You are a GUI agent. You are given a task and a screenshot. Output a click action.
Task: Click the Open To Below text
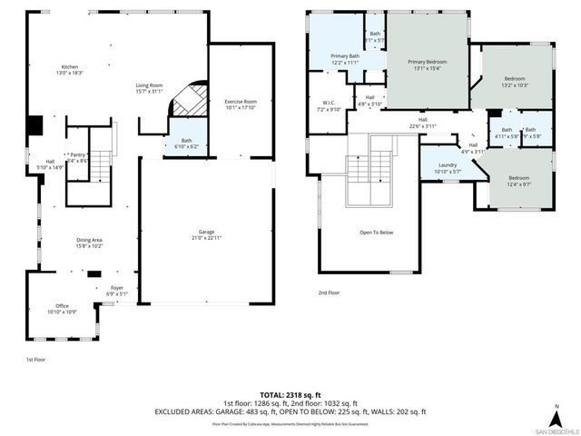(x=376, y=233)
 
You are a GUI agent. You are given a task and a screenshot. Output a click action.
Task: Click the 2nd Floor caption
(x=328, y=293)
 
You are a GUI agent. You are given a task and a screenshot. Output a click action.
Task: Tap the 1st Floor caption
(x=35, y=360)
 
